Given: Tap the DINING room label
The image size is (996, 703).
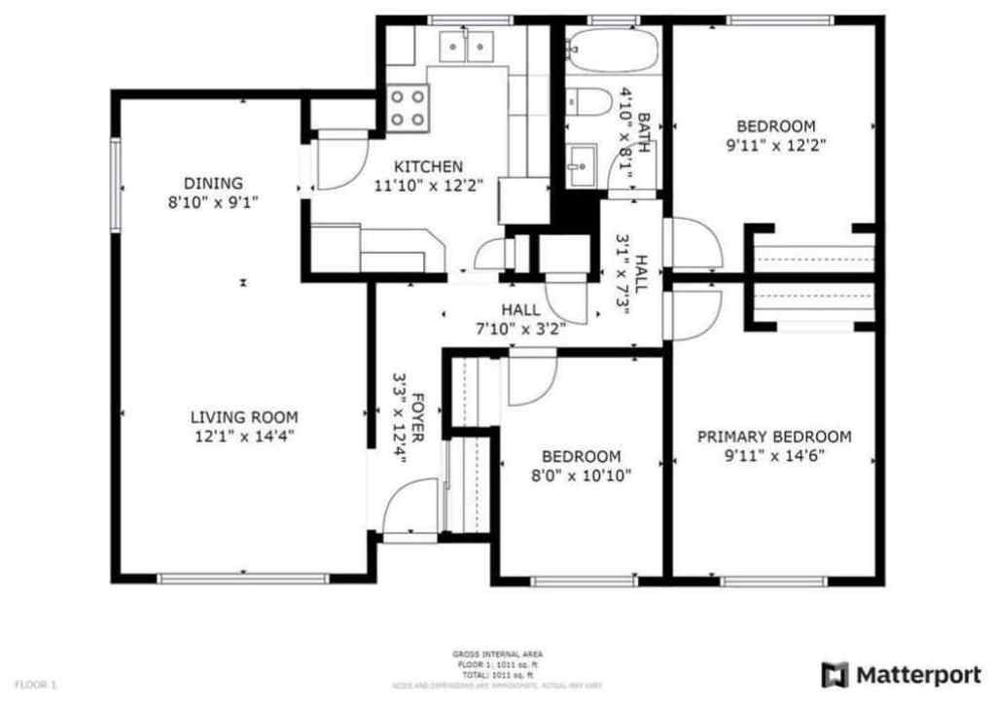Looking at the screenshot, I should click(x=213, y=183).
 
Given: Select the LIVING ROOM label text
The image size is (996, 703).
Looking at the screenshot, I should click(x=243, y=417).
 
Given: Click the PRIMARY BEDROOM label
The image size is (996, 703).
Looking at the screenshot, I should click(x=774, y=437).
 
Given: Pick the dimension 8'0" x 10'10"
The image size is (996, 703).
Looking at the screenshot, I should click(x=581, y=475).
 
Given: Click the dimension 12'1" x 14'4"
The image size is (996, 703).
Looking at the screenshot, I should click(x=243, y=437).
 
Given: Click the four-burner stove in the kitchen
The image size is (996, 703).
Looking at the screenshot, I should click(x=408, y=108).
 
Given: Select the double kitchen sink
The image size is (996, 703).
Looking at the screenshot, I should click(x=466, y=46).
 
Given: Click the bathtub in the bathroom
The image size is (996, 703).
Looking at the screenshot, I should click(x=613, y=50).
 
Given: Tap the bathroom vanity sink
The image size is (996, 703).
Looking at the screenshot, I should click(x=583, y=164).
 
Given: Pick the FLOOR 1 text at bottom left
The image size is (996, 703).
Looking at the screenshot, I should click(x=36, y=685).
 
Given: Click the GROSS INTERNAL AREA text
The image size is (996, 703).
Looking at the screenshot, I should click(x=497, y=654).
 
